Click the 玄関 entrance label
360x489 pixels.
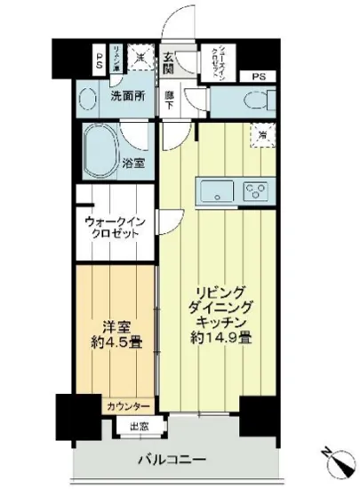[168, 64]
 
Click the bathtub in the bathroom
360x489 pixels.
[104, 147]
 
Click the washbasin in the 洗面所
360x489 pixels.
[86, 98]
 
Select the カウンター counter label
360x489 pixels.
[129, 406]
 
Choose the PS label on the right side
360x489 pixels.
[259, 76]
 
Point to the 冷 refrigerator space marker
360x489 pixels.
[263, 136]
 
